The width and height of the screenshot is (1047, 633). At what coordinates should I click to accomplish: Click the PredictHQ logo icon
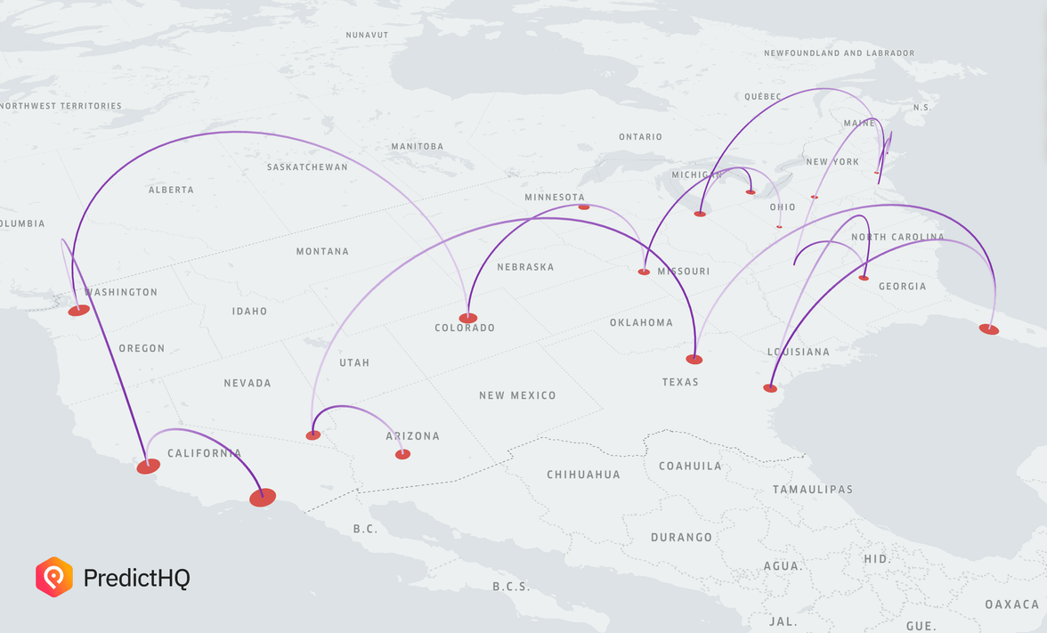pyautogui.click(x=54, y=577)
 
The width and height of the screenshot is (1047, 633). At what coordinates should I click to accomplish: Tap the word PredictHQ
pyautogui.click(x=136, y=578)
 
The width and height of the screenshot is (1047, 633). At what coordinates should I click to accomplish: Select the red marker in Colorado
pyautogui.click(x=468, y=318)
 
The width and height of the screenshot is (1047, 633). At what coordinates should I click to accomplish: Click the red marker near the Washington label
pyautogui.click(x=78, y=310)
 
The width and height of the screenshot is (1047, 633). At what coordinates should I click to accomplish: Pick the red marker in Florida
pyautogui.click(x=989, y=329)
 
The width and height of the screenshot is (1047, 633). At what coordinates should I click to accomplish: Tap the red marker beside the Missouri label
pyautogui.click(x=644, y=272)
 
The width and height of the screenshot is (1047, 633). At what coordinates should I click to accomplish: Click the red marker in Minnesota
pyautogui.click(x=584, y=207)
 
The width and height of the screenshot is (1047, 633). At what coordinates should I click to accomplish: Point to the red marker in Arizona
pyautogui.click(x=402, y=454)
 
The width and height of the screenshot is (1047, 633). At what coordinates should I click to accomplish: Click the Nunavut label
pyautogui.click(x=368, y=35)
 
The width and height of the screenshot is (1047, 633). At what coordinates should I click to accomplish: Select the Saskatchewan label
pyautogui.click(x=307, y=167)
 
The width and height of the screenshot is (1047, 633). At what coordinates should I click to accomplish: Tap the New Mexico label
pyautogui.click(x=517, y=395)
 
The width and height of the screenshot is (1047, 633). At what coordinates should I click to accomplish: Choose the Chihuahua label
pyautogui.click(x=583, y=475)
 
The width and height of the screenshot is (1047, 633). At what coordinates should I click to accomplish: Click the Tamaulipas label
pyautogui.click(x=812, y=490)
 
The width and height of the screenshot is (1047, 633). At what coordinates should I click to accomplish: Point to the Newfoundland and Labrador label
pyautogui.click(x=839, y=53)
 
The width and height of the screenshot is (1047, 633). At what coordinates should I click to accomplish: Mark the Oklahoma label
pyautogui.click(x=641, y=322)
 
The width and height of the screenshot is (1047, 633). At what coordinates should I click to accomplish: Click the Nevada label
pyautogui.click(x=248, y=383)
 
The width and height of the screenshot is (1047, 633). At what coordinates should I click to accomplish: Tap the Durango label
pyautogui.click(x=681, y=538)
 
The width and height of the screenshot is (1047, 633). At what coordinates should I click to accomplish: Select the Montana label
pyautogui.click(x=322, y=252)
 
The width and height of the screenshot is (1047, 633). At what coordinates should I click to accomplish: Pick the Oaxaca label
pyautogui.click(x=1011, y=605)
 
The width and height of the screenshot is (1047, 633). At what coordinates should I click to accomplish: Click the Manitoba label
pyautogui.click(x=417, y=147)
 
